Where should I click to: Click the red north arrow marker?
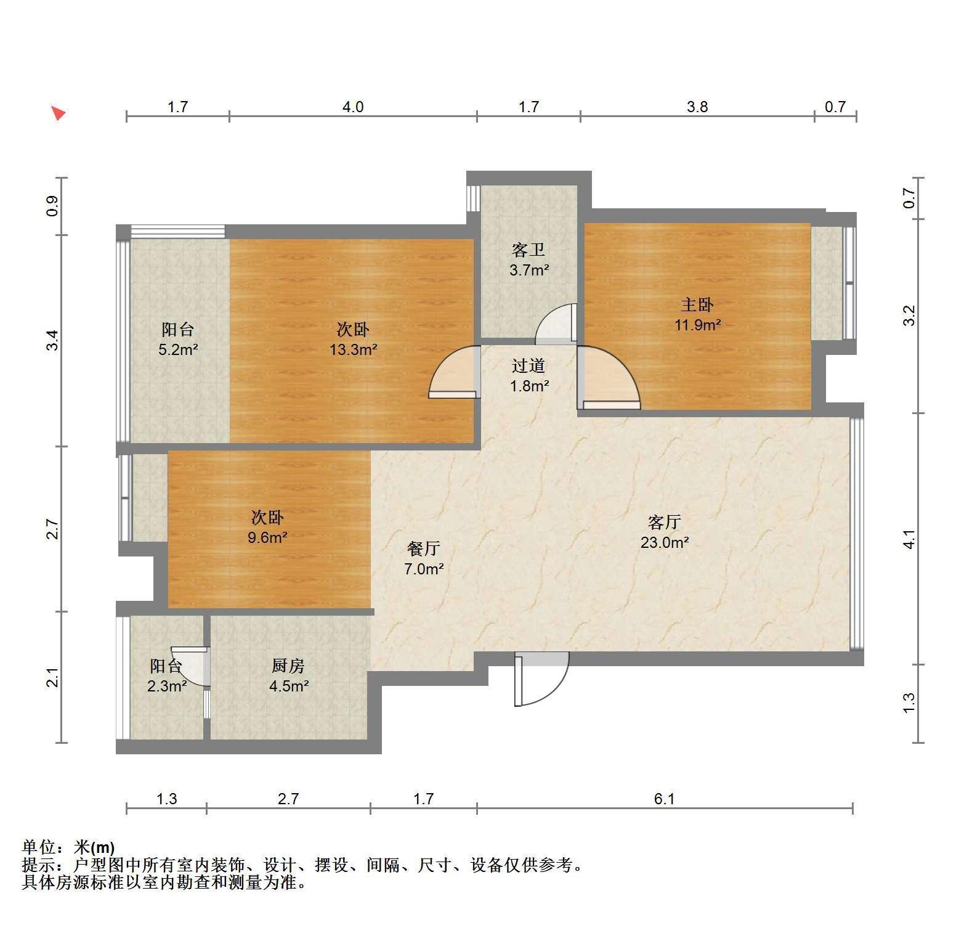tap(59, 113)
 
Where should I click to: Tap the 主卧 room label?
tap(697, 304)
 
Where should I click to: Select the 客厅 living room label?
tap(664, 523)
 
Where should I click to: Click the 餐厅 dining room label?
tap(424, 548)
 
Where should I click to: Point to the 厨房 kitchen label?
tap(288, 666)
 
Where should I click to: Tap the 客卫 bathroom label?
tap(528, 250)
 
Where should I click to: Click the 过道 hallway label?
tap(528, 366)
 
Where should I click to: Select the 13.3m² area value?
tap(353, 350)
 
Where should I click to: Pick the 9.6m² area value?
tap(267, 537)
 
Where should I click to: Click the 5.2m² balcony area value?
tap(178, 350)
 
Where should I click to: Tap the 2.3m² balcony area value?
tap(167, 686)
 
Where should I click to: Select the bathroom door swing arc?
tap(555, 324)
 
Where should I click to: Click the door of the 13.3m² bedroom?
tap(455, 372)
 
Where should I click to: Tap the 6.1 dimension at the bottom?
tap(665, 799)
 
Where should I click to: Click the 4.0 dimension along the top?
tap(353, 107)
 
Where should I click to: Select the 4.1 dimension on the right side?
tap(909, 539)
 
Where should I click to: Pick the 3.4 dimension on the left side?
tap(54, 341)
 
